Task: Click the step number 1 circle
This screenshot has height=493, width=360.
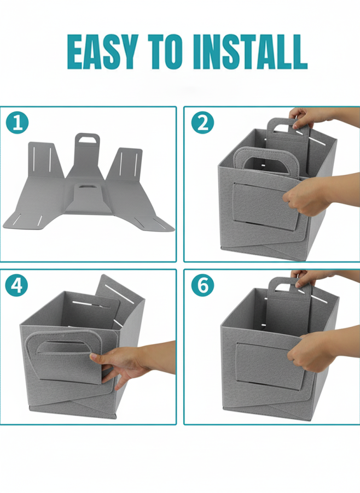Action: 18,122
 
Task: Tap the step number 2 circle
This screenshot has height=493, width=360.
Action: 202,122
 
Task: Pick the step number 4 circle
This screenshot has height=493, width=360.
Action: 16,285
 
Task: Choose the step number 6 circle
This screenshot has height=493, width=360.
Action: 202,285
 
